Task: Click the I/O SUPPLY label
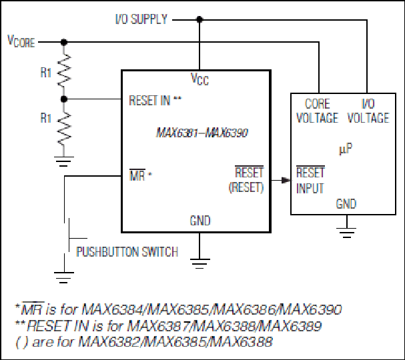tap(141, 19)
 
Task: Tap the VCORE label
tap(21, 41)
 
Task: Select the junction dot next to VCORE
tap(64, 42)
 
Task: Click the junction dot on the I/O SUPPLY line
tap(199, 19)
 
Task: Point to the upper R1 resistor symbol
tap(64, 70)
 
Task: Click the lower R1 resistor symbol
tap(64, 129)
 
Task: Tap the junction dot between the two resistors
tap(64, 99)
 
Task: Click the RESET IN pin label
tap(155, 101)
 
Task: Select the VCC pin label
tap(199, 79)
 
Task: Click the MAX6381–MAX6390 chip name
tap(202, 133)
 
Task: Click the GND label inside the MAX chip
tap(200, 221)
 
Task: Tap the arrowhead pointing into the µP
tap(286, 180)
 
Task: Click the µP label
tap(346, 149)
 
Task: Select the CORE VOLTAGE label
tap(317, 111)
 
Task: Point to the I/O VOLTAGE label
tap(368, 111)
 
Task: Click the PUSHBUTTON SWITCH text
tap(127, 251)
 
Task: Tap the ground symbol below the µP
tap(346, 232)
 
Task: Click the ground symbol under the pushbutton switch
tap(64, 277)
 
